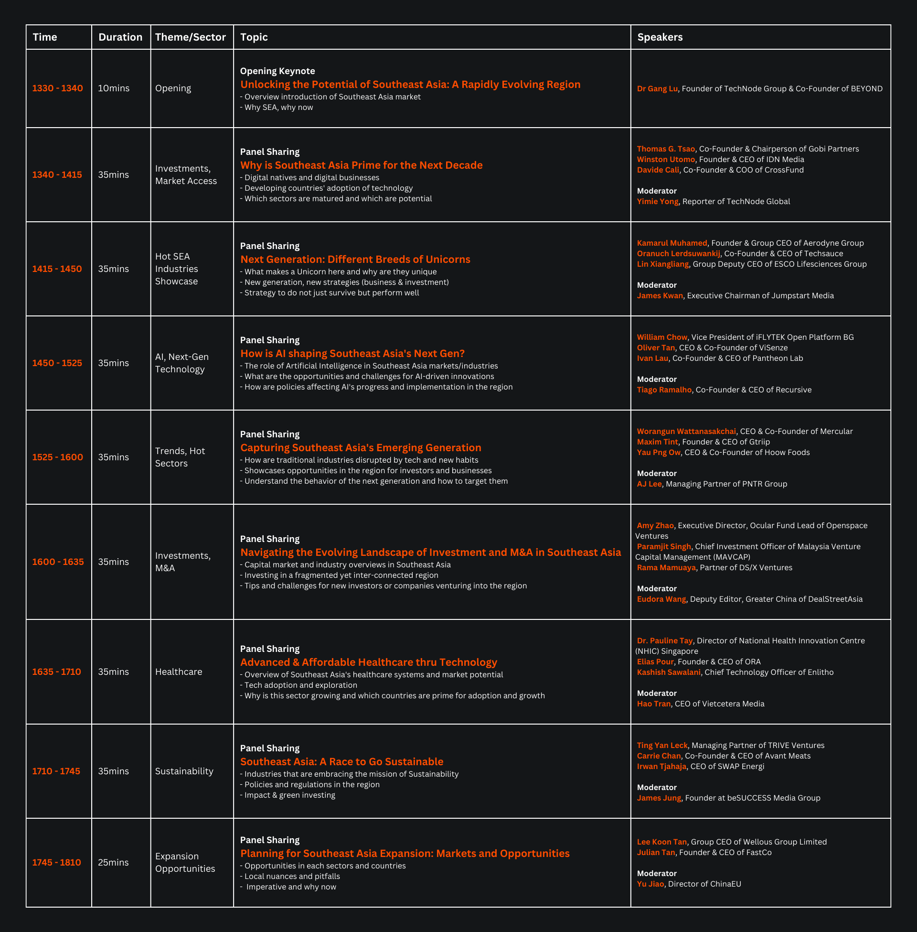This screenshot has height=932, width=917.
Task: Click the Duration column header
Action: coord(120,37)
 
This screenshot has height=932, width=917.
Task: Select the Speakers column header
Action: coord(660,37)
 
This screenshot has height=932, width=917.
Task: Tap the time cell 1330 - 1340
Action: coord(57,88)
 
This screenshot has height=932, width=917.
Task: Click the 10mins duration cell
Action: coord(114,88)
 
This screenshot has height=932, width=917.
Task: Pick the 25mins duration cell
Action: coord(113,862)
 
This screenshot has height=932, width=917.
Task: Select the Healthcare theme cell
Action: coord(178,672)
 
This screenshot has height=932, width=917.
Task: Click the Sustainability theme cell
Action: coord(184,771)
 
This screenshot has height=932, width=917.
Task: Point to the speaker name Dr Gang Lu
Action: coord(657,89)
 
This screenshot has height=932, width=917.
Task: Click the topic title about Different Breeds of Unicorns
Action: coord(355,259)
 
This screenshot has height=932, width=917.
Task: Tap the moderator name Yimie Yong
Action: coord(657,201)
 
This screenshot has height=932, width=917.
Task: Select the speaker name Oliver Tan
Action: coord(655,347)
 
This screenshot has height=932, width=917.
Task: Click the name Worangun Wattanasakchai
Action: coord(686,431)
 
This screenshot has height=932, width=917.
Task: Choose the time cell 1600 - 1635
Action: coord(58,562)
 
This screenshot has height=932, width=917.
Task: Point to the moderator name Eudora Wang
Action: coord(661,599)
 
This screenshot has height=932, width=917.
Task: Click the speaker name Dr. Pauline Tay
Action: coord(664,640)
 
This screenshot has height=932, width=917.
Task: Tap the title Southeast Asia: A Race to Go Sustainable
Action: coord(341,761)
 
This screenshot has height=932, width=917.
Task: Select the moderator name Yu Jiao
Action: coord(650,884)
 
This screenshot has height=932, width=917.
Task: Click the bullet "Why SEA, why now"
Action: coord(278,107)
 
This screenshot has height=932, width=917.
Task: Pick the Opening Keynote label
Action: coord(277,71)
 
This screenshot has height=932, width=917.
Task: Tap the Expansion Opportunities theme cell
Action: coord(185,862)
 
